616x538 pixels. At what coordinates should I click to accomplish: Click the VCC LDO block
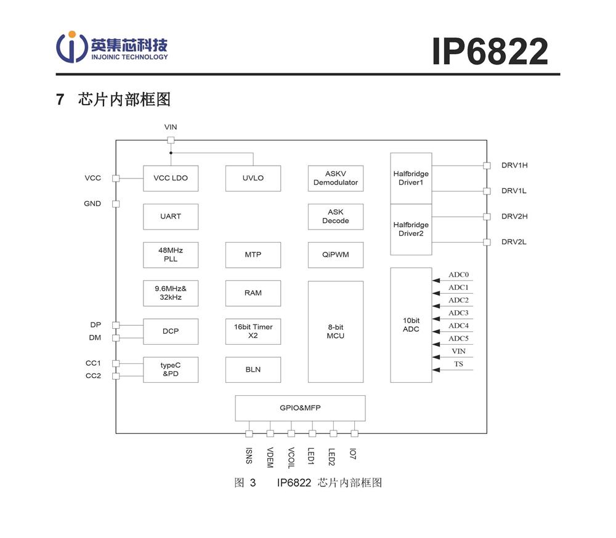(171, 179)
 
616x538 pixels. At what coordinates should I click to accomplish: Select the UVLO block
(253, 179)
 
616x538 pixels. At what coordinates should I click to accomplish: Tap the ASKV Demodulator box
(336, 179)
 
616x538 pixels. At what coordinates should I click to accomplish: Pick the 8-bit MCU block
(336, 331)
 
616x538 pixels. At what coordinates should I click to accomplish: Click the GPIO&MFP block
(300, 408)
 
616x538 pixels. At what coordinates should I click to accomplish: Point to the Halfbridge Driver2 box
(411, 230)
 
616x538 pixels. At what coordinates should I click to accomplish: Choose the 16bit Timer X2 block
(253, 331)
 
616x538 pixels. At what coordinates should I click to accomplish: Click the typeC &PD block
(171, 369)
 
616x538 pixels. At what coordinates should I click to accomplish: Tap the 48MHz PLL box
(171, 255)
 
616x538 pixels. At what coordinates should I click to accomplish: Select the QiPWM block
(336, 255)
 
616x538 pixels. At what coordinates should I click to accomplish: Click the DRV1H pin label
(514, 166)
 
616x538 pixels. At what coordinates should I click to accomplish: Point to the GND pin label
(92, 203)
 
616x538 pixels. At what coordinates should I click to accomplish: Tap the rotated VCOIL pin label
(291, 458)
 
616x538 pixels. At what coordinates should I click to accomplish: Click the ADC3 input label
(458, 313)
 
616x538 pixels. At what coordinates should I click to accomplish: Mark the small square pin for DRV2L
(487, 242)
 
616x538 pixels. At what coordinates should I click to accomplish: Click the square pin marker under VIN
(171, 140)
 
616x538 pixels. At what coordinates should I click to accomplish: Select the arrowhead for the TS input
(436, 369)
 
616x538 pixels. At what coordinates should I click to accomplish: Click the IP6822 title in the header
(490, 51)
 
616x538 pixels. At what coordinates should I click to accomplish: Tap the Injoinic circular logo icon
(71, 47)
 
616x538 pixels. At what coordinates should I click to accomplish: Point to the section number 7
(60, 99)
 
